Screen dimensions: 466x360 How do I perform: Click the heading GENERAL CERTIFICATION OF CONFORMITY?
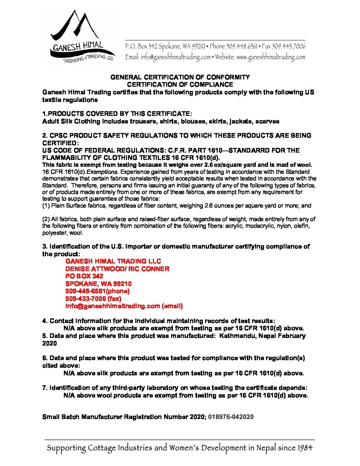(180, 77)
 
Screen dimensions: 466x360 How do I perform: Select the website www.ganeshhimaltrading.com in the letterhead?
(271, 57)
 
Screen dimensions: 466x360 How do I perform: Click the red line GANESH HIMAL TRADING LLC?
(113, 261)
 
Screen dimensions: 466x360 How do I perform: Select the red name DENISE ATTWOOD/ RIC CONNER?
(117, 269)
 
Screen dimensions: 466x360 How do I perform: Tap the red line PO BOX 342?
(84, 276)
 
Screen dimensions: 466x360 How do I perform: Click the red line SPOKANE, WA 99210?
(98, 284)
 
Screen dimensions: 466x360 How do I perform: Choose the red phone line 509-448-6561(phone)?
(97, 291)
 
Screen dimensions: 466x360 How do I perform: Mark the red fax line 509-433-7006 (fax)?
(93, 299)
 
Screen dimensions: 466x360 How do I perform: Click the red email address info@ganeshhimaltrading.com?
(112, 306)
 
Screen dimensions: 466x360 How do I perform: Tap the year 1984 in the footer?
(304, 448)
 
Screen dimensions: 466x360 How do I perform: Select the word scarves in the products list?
(267, 121)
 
